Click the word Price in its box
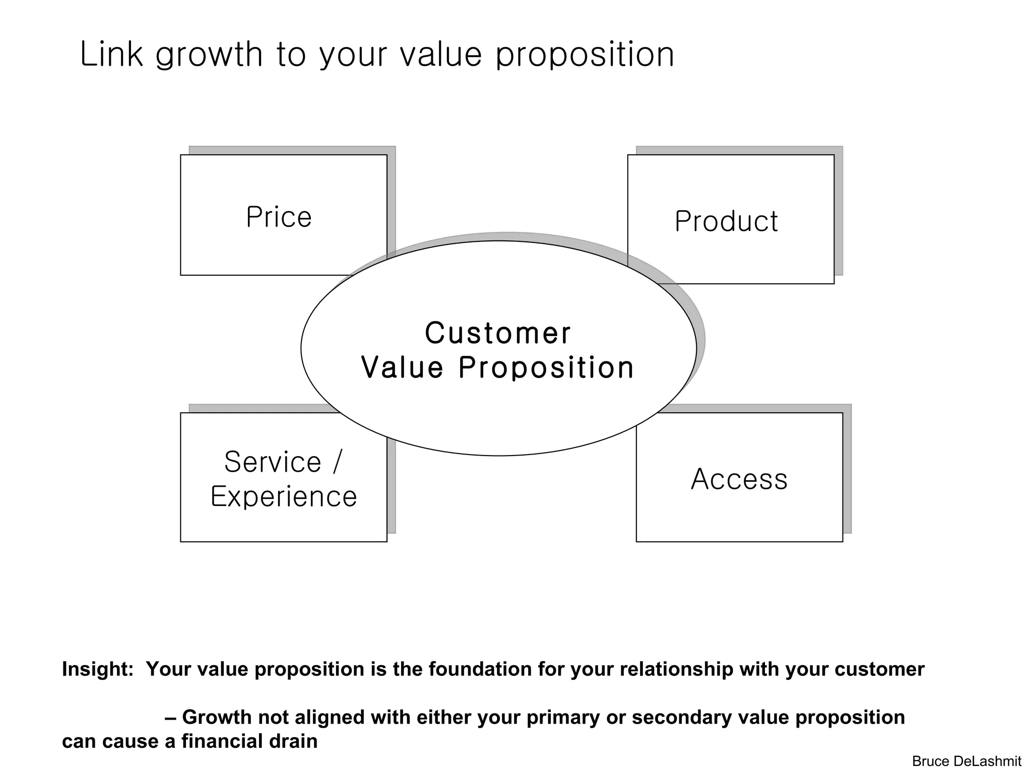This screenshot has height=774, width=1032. [x=279, y=217]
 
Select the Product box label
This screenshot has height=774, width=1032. [x=726, y=221]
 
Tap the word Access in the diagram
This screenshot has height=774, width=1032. [x=739, y=479]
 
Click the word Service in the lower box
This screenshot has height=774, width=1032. [x=273, y=462]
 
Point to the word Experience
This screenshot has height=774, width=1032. [x=284, y=496]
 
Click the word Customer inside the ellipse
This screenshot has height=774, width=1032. [x=498, y=333]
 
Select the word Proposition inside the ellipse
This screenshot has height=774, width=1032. [x=546, y=367]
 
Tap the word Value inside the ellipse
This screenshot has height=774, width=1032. [x=402, y=367]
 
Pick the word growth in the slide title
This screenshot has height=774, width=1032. [x=209, y=55]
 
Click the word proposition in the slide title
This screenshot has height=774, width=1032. [x=585, y=55]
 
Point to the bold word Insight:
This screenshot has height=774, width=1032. [x=98, y=669]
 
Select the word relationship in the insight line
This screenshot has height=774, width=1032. [x=677, y=669]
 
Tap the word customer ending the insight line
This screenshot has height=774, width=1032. [x=879, y=669]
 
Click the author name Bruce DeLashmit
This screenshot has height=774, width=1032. [x=966, y=761]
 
